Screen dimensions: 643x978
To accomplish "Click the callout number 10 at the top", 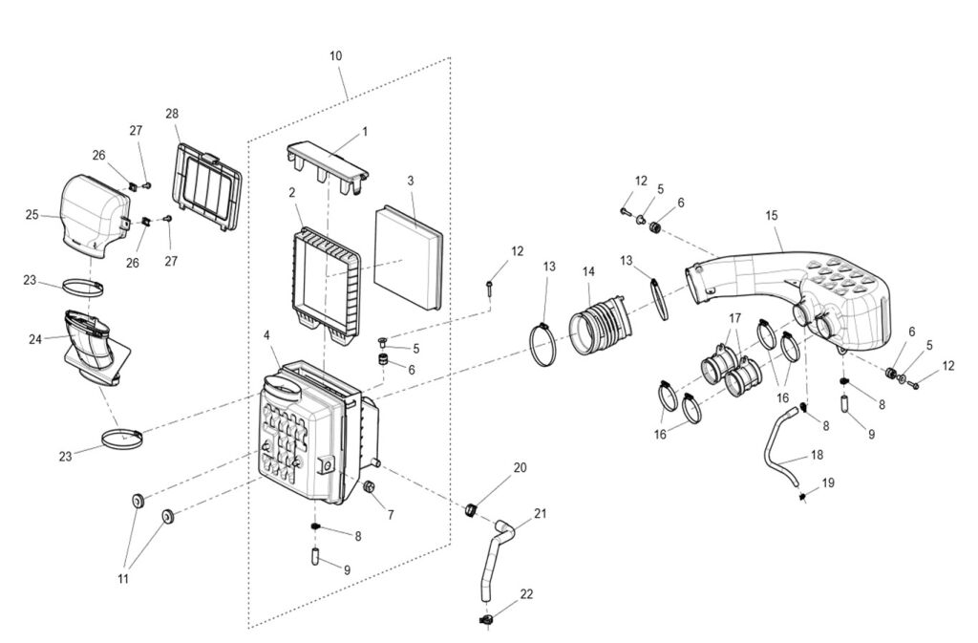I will pos(335,56).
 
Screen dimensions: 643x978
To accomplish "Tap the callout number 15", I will pos(772,216).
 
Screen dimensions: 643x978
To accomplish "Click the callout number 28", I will pos(172,114).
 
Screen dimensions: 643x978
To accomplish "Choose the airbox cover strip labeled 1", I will pos(328,164).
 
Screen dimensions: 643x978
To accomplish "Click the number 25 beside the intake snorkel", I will pos(32,215).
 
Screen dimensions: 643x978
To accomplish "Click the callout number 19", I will pos(828,482).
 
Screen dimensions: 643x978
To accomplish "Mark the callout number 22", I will pos(527,594).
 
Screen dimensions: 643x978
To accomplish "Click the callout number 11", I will pos(124,579).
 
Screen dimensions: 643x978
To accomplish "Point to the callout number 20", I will pos(521,468).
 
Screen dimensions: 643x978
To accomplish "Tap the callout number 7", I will pos(390,514).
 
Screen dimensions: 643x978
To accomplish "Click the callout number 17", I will pos(734,318).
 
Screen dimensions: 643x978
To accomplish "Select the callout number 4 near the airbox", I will pos(266,335).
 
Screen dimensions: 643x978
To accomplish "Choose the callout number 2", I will pos(291,192).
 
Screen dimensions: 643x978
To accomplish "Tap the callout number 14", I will pos(589,272).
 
